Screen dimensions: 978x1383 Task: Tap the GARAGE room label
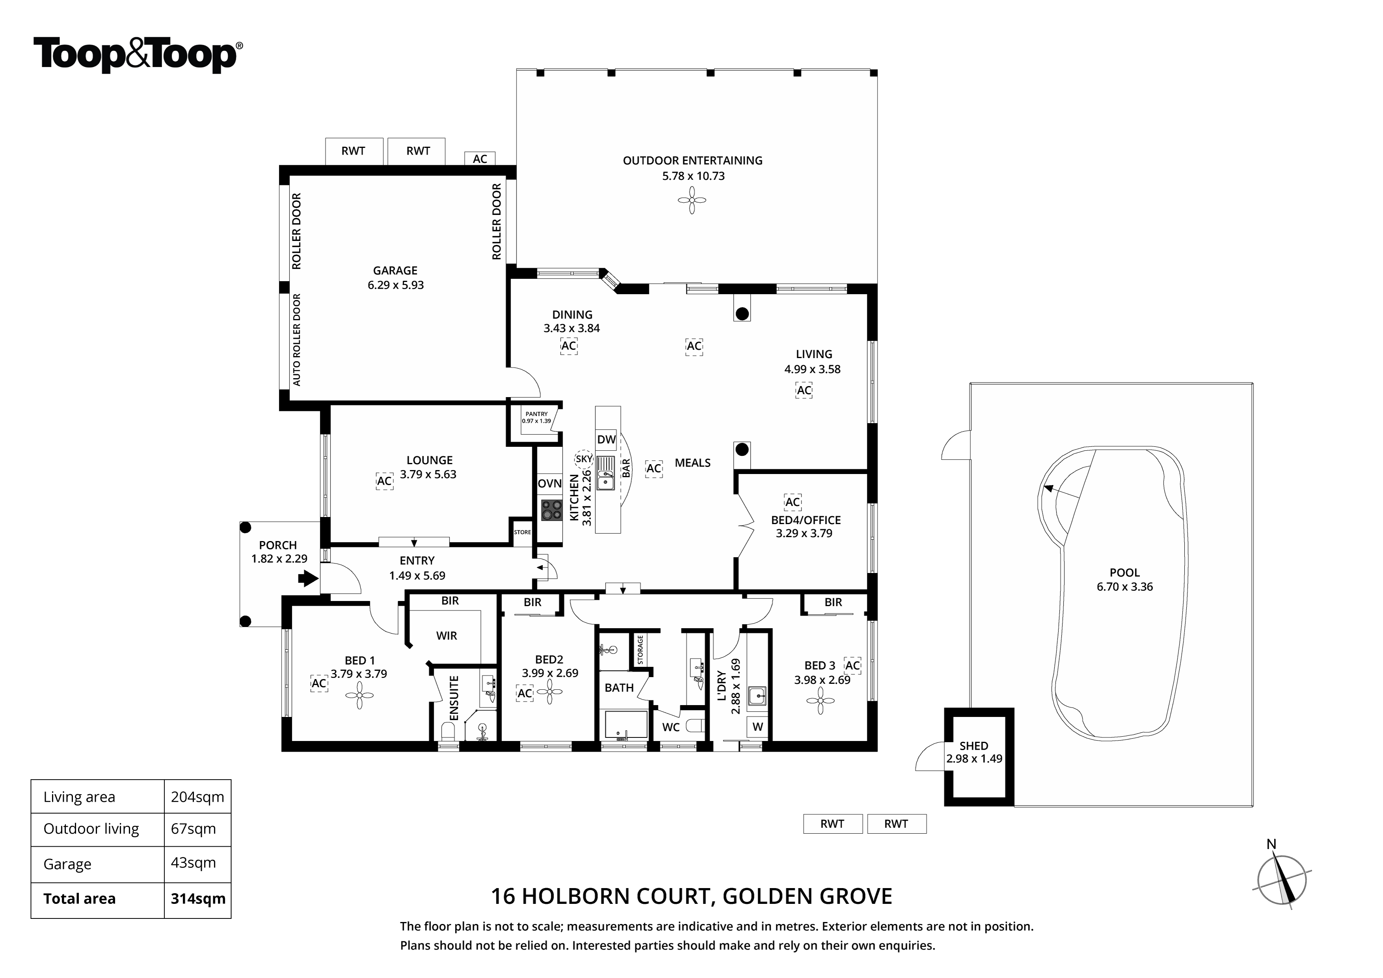(395, 271)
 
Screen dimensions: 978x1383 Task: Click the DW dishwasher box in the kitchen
(607, 439)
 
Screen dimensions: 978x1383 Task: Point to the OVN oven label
(549, 483)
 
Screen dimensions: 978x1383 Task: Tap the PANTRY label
(536, 414)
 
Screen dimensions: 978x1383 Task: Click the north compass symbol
(1281, 880)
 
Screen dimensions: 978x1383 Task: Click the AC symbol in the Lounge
(384, 481)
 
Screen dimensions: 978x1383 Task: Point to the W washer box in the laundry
(758, 727)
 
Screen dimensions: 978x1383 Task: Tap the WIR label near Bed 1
(446, 636)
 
